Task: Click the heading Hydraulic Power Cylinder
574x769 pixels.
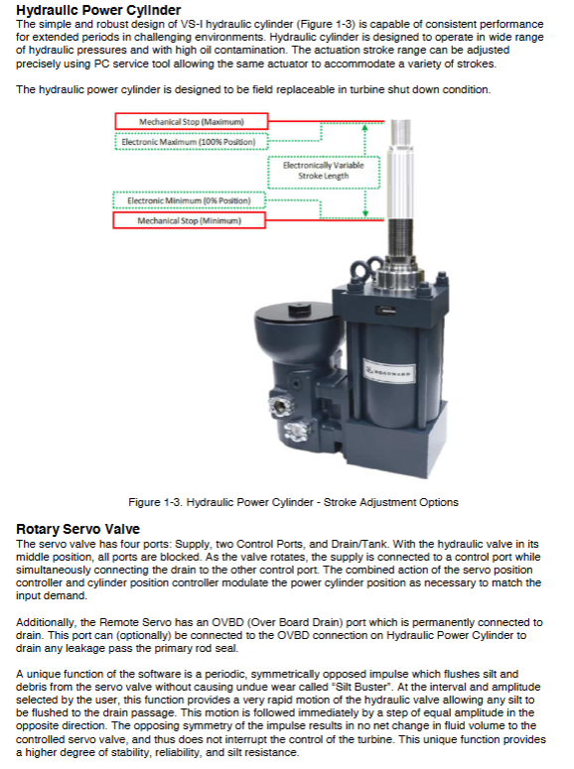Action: [98, 9]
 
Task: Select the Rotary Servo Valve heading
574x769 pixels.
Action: [77, 529]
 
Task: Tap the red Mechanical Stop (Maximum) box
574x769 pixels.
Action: [192, 121]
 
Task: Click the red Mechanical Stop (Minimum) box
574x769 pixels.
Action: [190, 220]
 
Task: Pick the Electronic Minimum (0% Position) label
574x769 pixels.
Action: [189, 200]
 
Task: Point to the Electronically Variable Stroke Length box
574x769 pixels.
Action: [324, 171]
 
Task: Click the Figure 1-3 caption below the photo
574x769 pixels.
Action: [293, 502]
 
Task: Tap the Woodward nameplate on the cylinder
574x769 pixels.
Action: [389, 372]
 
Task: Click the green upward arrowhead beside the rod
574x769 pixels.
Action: [364, 128]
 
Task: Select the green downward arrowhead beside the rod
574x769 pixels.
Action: [364, 213]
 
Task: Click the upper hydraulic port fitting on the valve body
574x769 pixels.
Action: [280, 406]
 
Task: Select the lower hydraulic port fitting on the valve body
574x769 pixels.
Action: [296, 430]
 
